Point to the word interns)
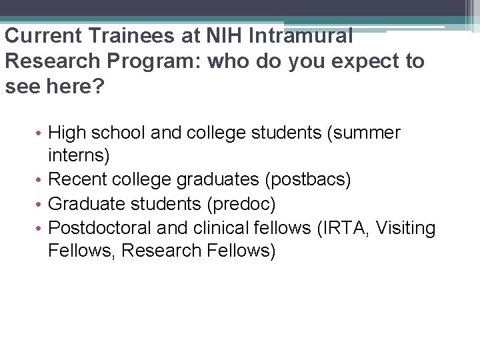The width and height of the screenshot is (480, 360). click(x=79, y=157)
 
